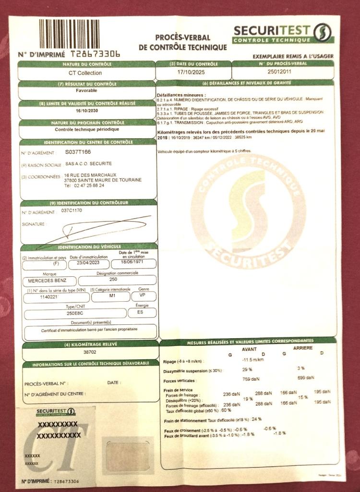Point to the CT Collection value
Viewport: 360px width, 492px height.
[x=86, y=73]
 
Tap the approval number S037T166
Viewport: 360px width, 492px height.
[x=77, y=152]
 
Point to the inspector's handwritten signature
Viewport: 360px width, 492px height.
[x=96, y=229]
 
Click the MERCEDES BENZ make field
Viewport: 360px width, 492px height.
[x=46, y=280]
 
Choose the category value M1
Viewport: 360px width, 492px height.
[x=109, y=297]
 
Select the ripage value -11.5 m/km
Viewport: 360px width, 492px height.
[x=254, y=360]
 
